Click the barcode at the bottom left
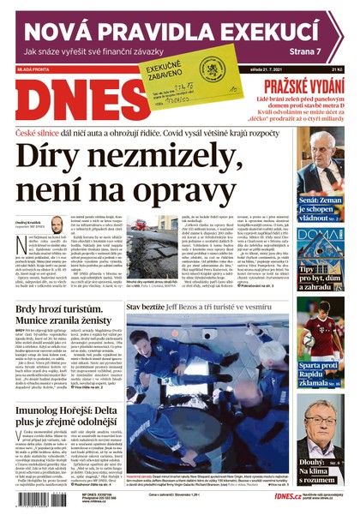[39, 499]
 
